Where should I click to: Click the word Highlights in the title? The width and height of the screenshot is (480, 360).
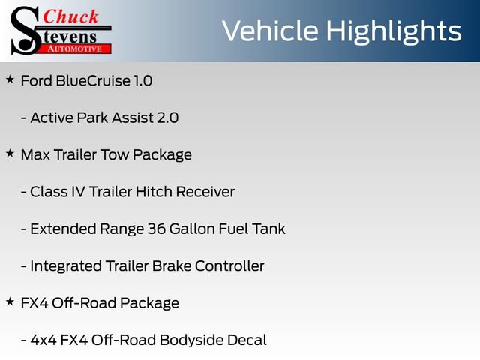[x=395, y=31]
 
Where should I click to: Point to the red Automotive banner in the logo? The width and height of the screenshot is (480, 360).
[x=74, y=47]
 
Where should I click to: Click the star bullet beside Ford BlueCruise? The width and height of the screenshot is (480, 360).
[x=10, y=79]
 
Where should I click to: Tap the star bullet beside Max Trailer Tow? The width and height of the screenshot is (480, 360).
[x=10, y=153]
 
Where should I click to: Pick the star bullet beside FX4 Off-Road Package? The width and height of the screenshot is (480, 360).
[x=10, y=301]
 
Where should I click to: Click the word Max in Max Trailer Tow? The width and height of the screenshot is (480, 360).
[x=34, y=155]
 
